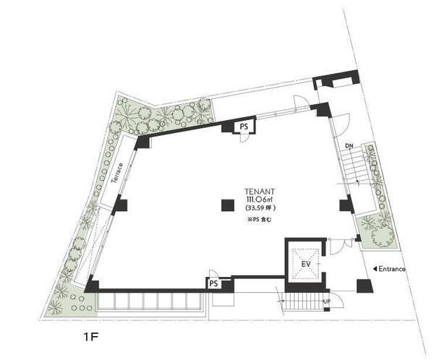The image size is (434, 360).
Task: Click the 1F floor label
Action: pyautogui.click(x=91, y=337)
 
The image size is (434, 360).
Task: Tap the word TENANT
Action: pyautogui.click(x=260, y=192)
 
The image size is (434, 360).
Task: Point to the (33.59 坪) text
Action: pyautogui.click(x=260, y=207)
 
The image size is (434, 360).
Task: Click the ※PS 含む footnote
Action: pyautogui.click(x=260, y=220)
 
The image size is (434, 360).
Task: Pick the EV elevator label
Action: pyautogui.click(x=306, y=264)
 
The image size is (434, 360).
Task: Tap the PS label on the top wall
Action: pyautogui.click(x=244, y=127)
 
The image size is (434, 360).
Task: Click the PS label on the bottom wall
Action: pyautogui.click(x=213, y=283)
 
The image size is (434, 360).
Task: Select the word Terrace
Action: pyautogui.click(x=116, y=173)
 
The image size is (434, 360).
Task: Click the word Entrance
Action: pyautogui.click(x=392, y=269)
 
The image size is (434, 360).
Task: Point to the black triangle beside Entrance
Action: pyautogui.click(x=375, y=269)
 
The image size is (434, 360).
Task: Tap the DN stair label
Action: pyautogui.click(x=349, y=145)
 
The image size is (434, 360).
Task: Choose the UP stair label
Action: pyautogui.click(x=327, y=301)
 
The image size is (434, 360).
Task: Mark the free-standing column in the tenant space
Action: pyautogui.click(x=228, y=205)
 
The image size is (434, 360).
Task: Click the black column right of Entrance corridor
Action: pyautogui.click(x=365, y=286)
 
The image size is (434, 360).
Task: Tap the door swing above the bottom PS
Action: pyautogui.click(x=214, y=274)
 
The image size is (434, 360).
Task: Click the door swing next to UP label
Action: pyautogui.click(x=336, y=300)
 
